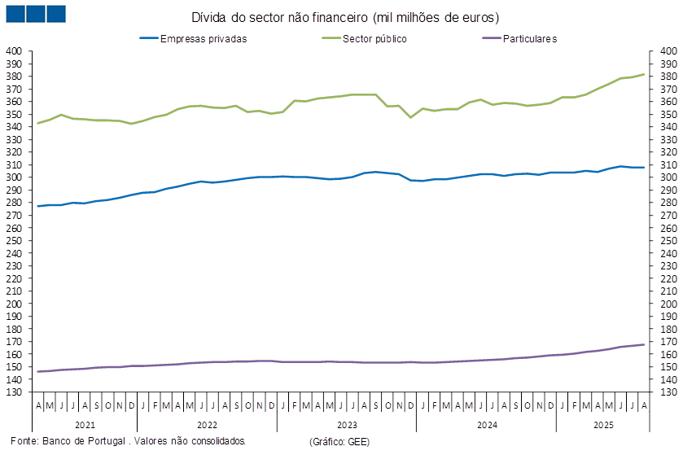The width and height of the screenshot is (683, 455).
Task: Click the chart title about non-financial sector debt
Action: (345, 17)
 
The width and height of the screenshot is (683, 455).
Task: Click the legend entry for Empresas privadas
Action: (204, 38)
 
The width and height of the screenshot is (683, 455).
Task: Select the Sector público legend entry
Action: (374, 38)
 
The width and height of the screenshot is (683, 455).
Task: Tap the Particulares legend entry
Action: (529, 38)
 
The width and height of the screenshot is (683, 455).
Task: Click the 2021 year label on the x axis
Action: (85, 425)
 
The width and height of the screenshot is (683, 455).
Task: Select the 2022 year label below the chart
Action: (207, 425)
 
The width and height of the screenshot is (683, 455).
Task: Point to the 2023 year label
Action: (347, 425)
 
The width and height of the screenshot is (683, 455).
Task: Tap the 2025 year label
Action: (603, 425)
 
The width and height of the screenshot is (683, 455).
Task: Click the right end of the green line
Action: (645, 74)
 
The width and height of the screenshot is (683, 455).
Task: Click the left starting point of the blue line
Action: (37, 206)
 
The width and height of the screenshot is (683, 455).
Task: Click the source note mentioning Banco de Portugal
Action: (127, 441)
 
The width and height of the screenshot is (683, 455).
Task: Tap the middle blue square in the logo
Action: (35, 14)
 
